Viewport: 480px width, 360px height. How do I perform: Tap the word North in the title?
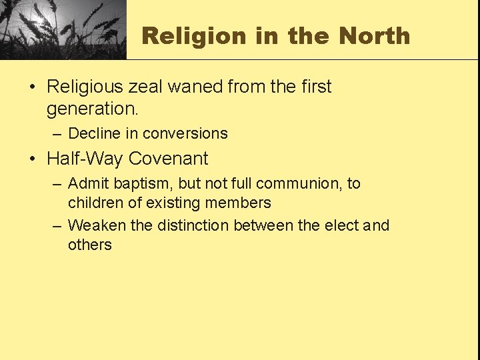(x=375, y=36)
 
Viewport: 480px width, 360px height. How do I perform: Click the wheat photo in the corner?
(x=63, y=29)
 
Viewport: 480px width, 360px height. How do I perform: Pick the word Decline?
(x=93, y=133)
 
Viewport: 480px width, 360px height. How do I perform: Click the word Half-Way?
(x=85, y=159)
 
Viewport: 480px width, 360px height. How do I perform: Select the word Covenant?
(x=169, y=159)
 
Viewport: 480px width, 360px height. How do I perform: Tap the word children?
(x=93, y=203)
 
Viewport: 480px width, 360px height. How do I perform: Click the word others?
(x=89, y=245)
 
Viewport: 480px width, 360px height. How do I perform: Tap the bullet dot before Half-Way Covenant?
(x=32, y=159)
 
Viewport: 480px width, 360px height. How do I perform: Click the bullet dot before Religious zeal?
(x=32, y=87)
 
